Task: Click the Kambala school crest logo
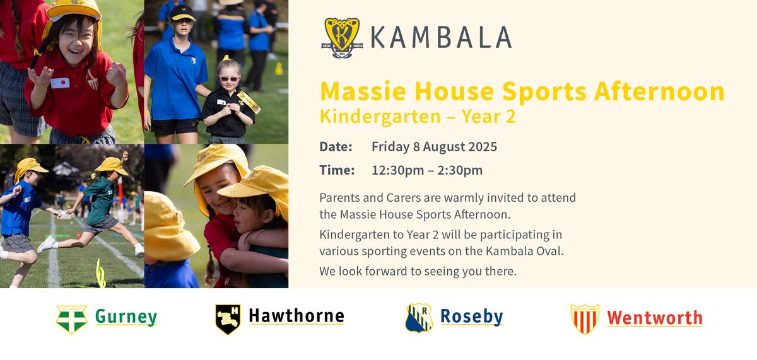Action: click(342, 38)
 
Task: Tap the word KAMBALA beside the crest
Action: click(441, 37)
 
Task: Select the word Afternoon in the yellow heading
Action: click(659, 91)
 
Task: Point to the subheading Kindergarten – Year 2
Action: click(418, 117)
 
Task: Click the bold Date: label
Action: click(336, 146)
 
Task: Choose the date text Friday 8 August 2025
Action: click(434, 147)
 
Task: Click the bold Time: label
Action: click(337, 170)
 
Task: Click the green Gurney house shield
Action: click(72, 319)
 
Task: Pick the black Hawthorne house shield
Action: click(228, 319)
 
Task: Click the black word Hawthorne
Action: click(296, 316)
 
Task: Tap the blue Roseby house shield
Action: click(419, 318)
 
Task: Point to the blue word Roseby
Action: click(472, 317)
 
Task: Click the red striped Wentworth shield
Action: click(585, 319)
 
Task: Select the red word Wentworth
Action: click(655, 318)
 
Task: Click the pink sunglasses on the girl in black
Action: click(229, 79)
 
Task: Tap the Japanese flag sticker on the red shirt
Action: click(60, 83)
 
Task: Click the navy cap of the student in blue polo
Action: click(182, 13)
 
